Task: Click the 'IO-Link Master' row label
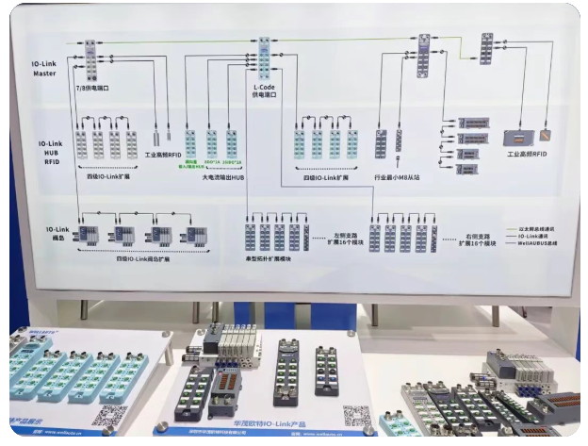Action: pyautogui.click(x=43, y=66)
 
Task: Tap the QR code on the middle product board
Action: pyautogui.click(x=355, y=415)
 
